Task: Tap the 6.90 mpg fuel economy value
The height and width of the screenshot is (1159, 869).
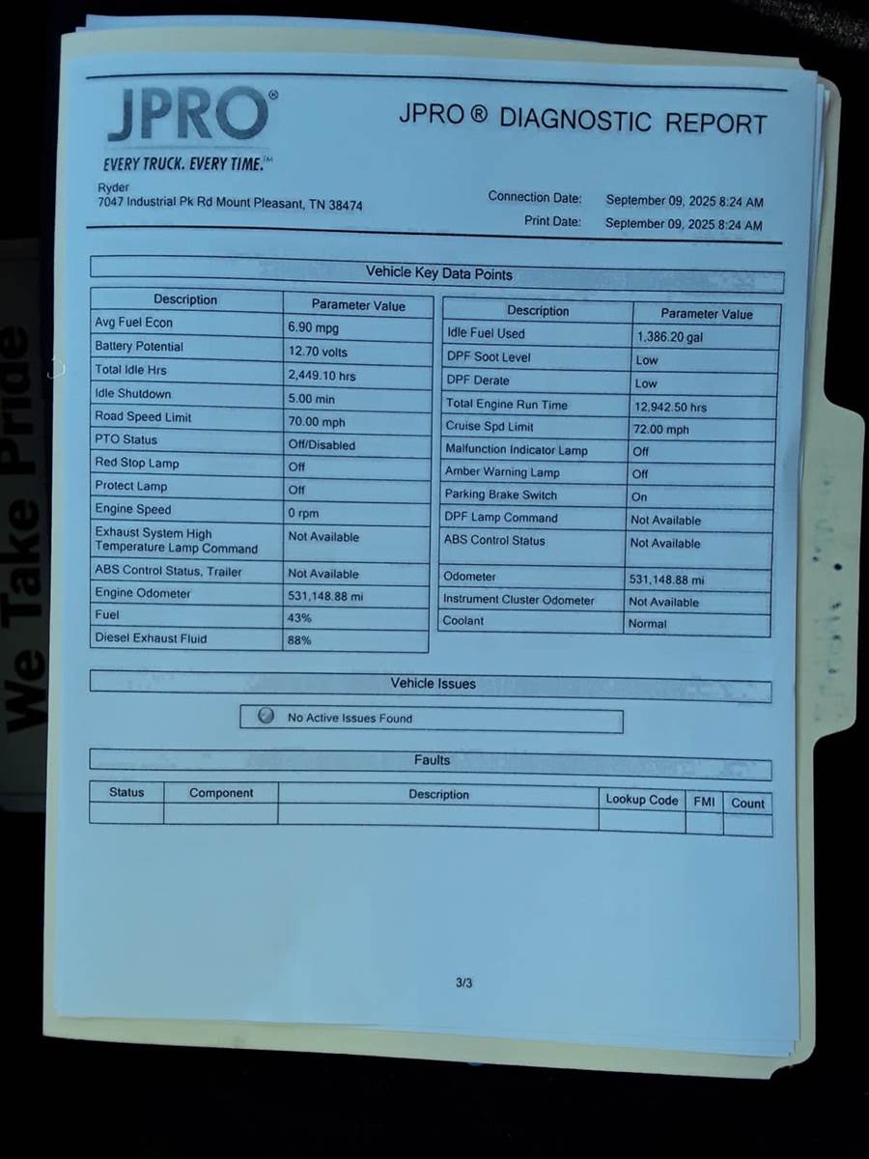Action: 313,328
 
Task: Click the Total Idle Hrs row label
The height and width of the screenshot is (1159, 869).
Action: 130,370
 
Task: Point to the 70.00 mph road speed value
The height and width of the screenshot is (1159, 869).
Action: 316,422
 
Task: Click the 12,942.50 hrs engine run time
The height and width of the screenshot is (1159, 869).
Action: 670,408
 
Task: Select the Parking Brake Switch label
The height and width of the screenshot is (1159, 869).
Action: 500,495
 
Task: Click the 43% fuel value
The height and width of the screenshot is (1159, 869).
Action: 299,618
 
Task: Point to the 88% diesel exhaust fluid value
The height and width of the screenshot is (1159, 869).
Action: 299,640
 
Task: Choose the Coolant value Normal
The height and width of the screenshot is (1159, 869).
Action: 647,624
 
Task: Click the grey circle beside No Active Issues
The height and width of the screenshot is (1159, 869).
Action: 266,717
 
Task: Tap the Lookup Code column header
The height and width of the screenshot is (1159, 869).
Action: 641,800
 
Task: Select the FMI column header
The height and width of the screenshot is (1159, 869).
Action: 704,802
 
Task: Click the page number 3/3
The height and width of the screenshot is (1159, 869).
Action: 463,983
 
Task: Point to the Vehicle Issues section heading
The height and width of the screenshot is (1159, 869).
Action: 433,684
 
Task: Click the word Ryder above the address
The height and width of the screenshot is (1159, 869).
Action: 113,187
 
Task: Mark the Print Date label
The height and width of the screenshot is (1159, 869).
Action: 552,221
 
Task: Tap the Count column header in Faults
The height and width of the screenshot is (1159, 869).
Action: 747,803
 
